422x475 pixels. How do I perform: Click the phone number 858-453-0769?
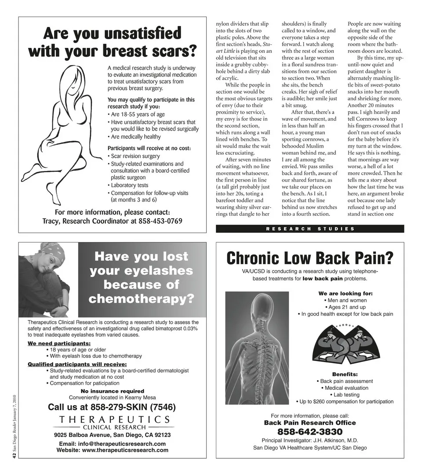[x=160, y=221]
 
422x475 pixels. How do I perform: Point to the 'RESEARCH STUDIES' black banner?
[x=309, y=228]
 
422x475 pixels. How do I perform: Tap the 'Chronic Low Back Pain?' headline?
[x=309, y=258]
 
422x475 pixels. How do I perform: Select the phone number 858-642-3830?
[x=309, y=431]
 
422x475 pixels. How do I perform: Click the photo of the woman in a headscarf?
[x=47, y=279]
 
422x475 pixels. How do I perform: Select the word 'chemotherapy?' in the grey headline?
[x=141, y=299]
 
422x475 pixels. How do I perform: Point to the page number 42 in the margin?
[x=14, y=457]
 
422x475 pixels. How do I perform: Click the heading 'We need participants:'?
[x=59, y=343]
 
